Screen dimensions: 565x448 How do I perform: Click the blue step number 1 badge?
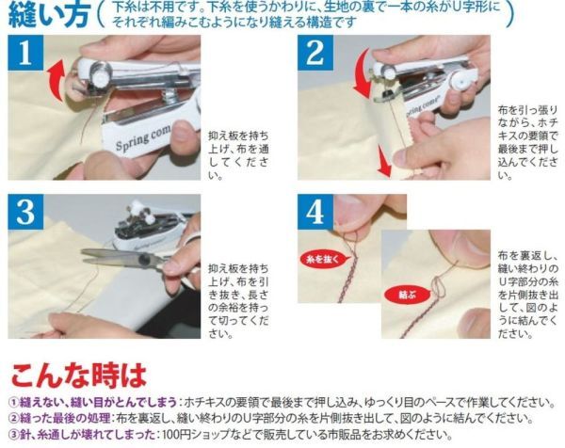tap(25, 53)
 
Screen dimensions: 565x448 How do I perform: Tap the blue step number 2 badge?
tap(315, 53)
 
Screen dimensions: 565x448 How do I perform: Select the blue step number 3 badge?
tap(25, 212)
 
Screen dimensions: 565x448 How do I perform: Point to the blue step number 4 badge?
tap(315, 212)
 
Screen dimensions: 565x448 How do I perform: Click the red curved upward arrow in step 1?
tap(55, 80)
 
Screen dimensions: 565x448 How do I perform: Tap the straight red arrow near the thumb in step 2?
tap(383, 159)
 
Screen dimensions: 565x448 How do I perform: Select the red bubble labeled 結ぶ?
tap(408, 296)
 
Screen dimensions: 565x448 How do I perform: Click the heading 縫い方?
tap(48, 15)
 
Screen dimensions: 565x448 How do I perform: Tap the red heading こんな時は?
tap(78, 376)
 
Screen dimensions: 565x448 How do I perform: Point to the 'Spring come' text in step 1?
tap(143, 138)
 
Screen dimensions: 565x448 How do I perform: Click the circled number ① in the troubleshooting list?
tap(13, 402)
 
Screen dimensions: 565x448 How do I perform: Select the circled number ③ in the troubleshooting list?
tap(13, 434)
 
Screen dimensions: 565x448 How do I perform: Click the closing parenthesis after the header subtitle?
tap(508, 15)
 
